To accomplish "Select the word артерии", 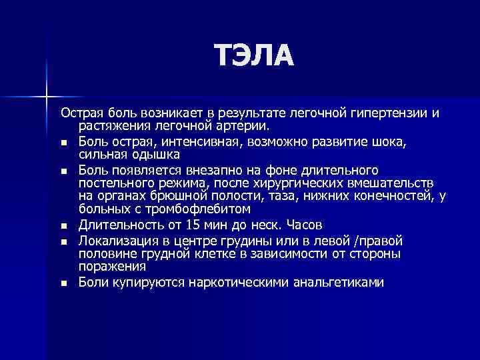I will pyautogui.click(x=245, y=125).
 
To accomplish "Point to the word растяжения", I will pyautogui.click(x=109, y=125).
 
